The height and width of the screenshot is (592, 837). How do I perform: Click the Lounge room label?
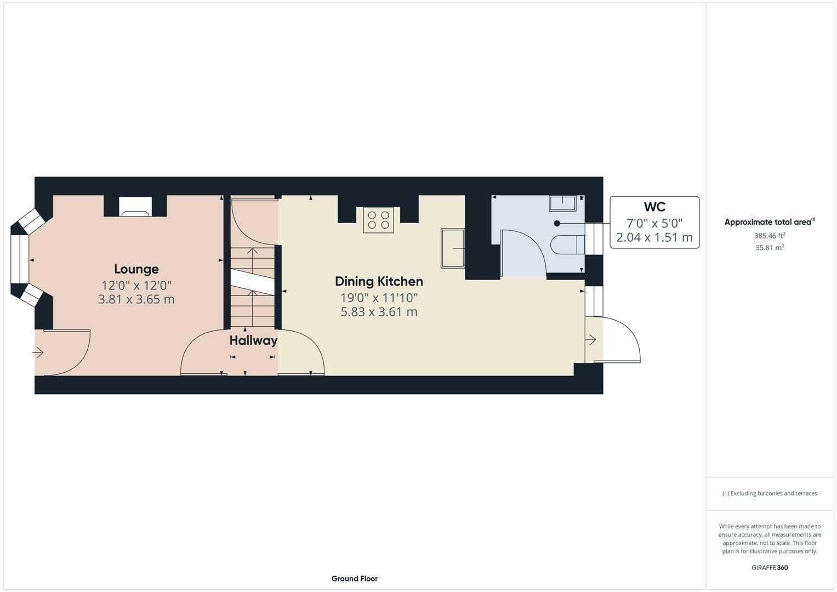point(136,269)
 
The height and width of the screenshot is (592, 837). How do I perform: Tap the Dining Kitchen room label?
point(379,281)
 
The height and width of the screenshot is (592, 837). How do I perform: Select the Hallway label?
point(253,340)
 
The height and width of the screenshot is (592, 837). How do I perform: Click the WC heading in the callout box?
point(654,207)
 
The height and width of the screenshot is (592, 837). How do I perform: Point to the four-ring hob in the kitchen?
point(379,220)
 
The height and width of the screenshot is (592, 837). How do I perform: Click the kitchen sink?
point(453,248)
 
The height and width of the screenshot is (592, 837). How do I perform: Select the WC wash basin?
point(562,203)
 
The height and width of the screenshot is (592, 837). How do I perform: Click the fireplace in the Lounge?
point(135,207)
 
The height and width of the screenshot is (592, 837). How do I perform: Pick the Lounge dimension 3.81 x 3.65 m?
point(136,299)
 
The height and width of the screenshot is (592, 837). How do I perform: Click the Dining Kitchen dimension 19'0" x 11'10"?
point(379,298)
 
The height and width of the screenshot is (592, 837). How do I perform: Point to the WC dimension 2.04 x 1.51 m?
point(654,237)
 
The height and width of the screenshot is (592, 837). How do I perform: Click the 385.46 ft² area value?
point(770,236)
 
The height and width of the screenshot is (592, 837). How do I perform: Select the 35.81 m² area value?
point(770,247)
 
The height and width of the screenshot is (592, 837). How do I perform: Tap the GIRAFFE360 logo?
point(770,567)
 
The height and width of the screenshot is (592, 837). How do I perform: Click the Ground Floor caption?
point(354,578)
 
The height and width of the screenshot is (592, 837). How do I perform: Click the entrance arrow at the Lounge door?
point(38,352)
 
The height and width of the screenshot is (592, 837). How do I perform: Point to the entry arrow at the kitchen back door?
point(590,340)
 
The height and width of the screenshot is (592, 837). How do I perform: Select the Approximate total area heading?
point(770,221)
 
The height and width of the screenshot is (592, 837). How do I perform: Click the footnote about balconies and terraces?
point(770,493)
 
